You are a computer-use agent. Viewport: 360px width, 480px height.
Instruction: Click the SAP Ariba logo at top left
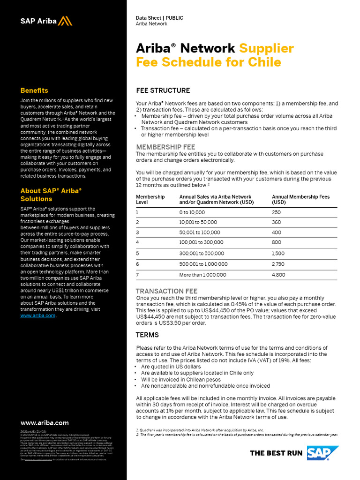coord(46,21)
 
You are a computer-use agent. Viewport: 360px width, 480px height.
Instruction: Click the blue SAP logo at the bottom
coord(323,453)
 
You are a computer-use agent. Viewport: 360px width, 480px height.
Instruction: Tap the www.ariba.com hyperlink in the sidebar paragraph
coord(38,315)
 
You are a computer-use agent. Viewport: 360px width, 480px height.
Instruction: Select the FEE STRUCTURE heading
coord(163,90)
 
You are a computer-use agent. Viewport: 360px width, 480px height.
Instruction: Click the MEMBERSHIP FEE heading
coord(165,147)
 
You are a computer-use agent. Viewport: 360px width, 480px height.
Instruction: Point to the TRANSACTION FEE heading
coord(166,291)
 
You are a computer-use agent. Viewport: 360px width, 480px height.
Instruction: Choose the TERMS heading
coord(147,335)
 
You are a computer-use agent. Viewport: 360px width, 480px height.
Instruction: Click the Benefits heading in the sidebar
coord(34,90)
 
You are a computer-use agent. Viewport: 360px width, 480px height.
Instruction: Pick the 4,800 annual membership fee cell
coord(278,275)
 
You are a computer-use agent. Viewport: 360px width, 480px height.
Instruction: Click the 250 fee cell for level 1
coord(276,212)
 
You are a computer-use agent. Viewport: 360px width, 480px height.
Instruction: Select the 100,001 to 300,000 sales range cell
coord(201,242)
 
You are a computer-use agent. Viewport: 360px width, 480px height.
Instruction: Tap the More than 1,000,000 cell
coord(202,275)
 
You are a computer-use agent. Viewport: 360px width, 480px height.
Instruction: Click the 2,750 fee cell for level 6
coord(278,264)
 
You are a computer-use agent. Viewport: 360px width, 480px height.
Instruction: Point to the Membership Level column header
coord(150,200)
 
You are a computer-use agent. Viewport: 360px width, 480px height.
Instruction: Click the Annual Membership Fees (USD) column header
coord(300,200)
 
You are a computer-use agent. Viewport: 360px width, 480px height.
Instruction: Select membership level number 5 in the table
coord(137,253)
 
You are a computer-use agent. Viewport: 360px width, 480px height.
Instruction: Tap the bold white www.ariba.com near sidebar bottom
coord(45,423)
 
